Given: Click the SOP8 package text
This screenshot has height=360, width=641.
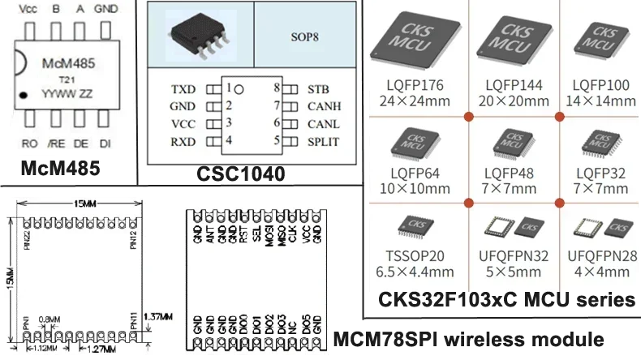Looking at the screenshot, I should (x=304, y=37).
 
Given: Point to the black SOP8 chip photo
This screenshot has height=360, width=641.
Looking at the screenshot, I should (x=198, y=34).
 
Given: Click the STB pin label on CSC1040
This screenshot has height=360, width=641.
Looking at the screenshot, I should (x=318, y=88).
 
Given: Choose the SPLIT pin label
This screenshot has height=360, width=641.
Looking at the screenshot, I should (x=323, y=141).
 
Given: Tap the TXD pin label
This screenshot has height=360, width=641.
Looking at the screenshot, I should (x=183, y=88).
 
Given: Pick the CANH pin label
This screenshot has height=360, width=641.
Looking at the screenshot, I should (x=324, y=106).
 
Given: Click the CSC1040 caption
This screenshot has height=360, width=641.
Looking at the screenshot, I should (x=241, y=174).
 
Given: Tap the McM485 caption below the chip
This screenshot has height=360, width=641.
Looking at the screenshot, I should (x=61, y=169).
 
